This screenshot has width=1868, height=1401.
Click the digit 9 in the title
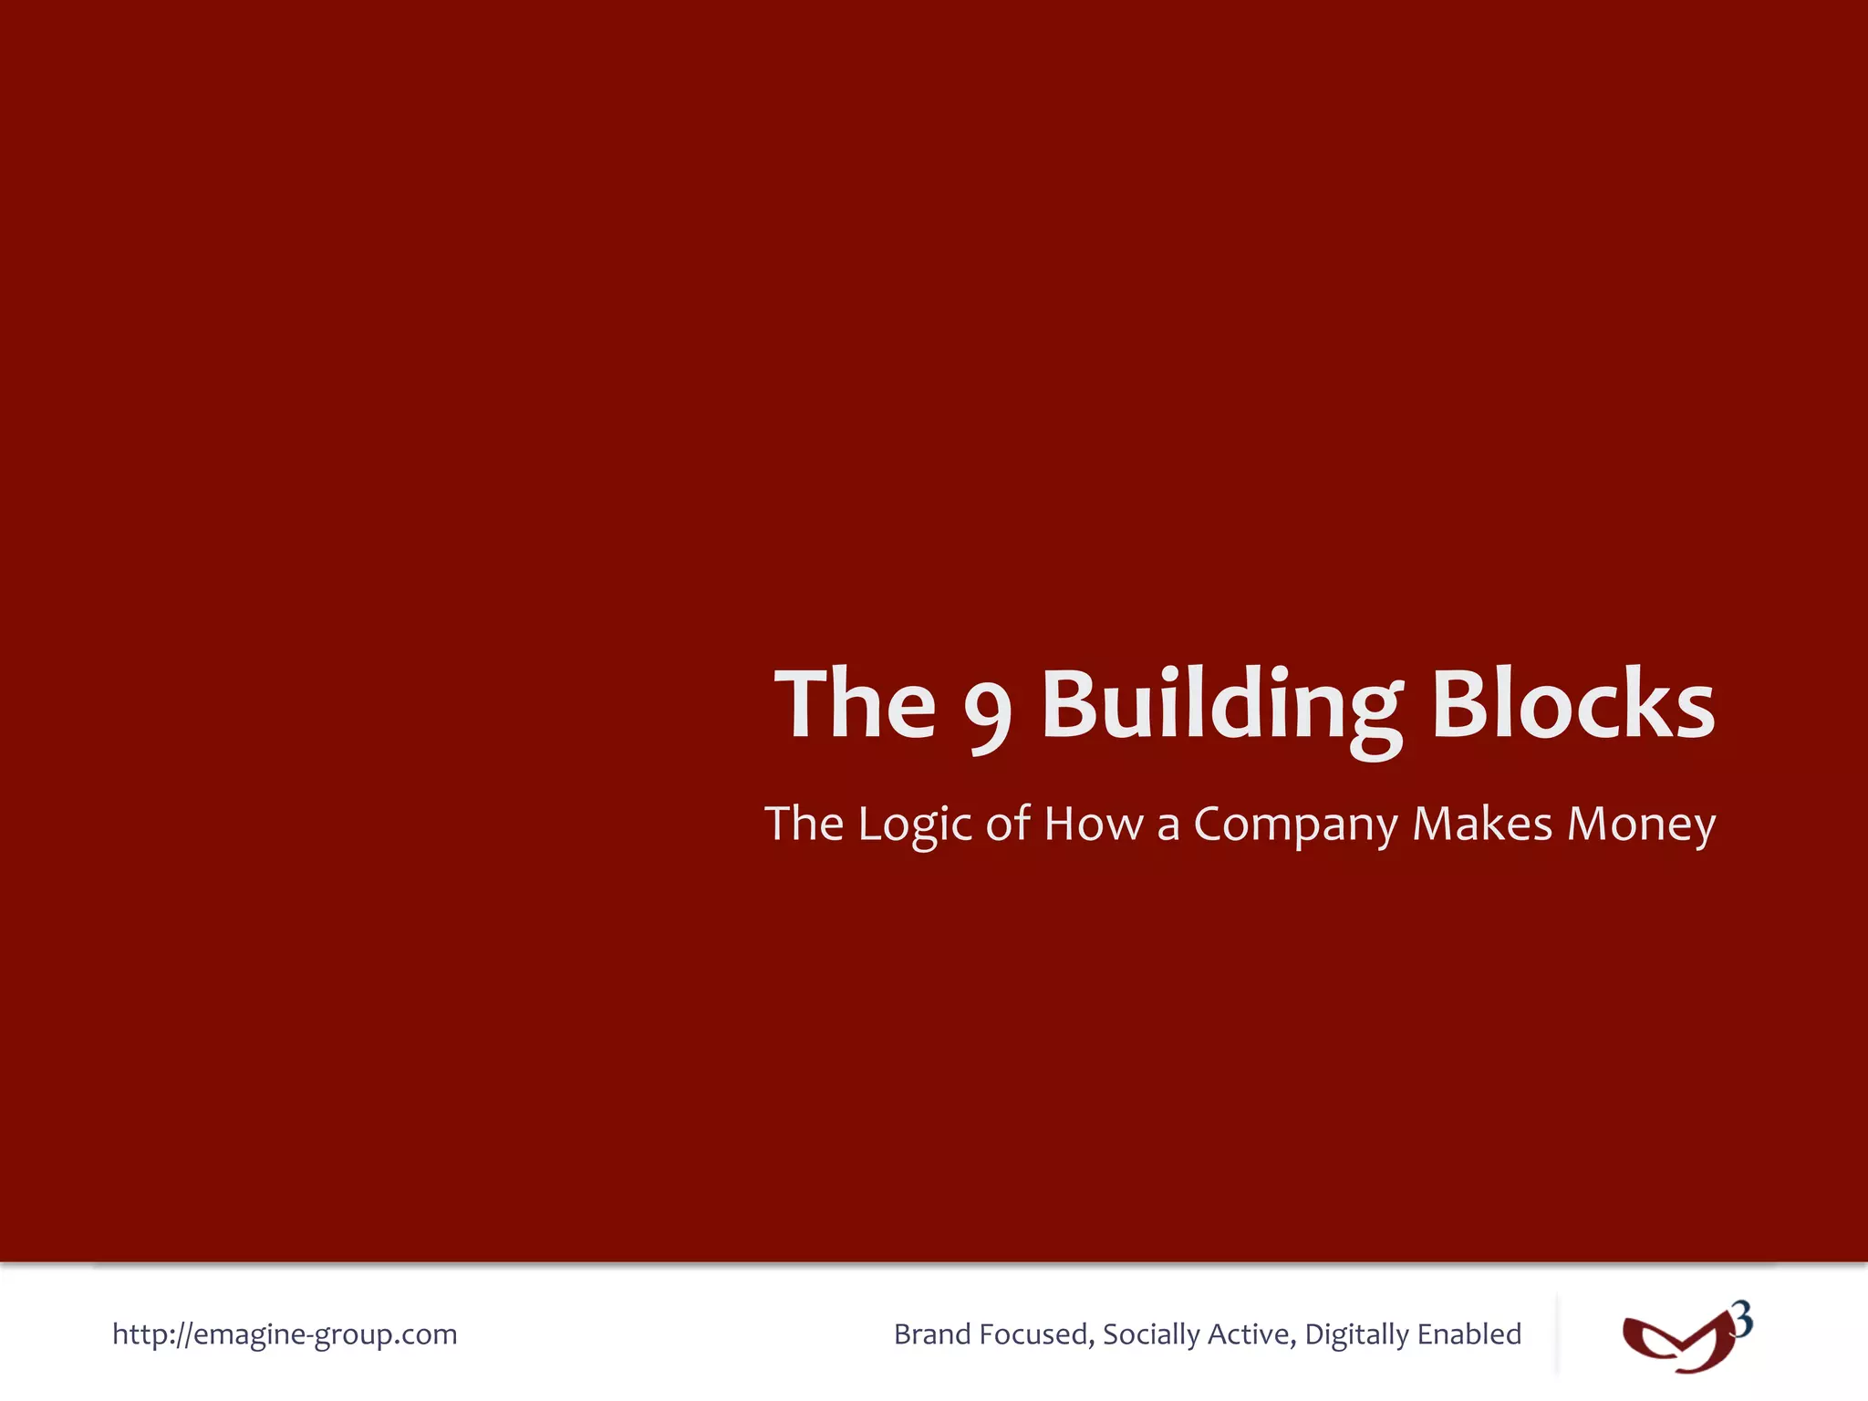pyautogui.click(x=988, y=709)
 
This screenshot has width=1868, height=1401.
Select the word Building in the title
pyautogui.click(x=1222, y=704)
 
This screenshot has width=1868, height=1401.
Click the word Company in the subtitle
pyautogui.click(x=1295, y=825)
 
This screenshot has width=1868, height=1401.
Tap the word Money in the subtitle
pyautogui.click(x=1642, y=825)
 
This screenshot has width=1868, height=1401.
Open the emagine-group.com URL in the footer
pyautogui.click(x=285, y=1334)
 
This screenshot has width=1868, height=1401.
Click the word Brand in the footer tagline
pyautogui.click(x=932, y=1334)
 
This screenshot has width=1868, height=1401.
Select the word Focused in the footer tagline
pyautogui.click(x=1036, y=1334)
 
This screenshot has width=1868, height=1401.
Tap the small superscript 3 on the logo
pyautogui.click(x=1741, y=1320)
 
